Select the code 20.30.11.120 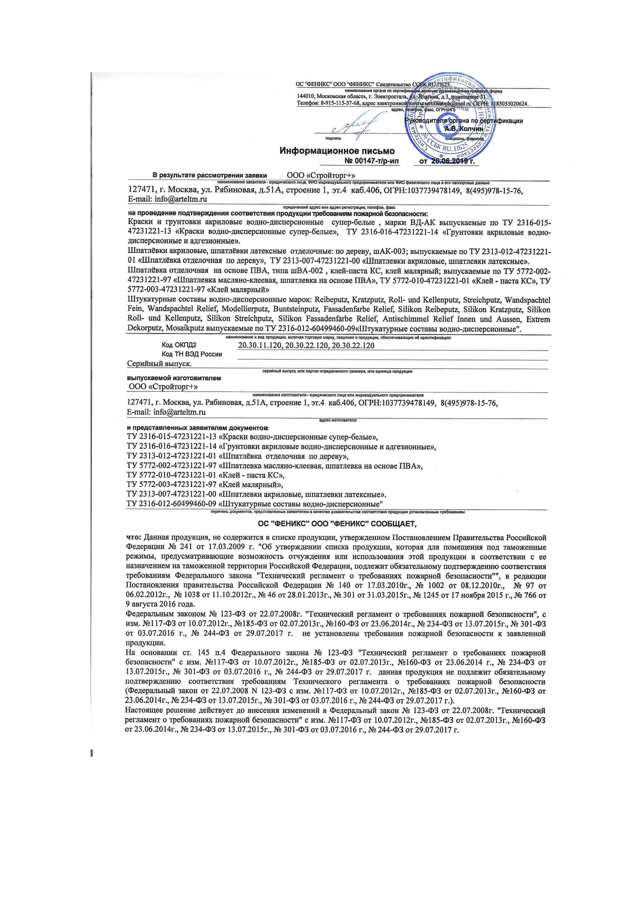pos(260,345)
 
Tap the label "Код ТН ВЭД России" pos(192,354)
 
